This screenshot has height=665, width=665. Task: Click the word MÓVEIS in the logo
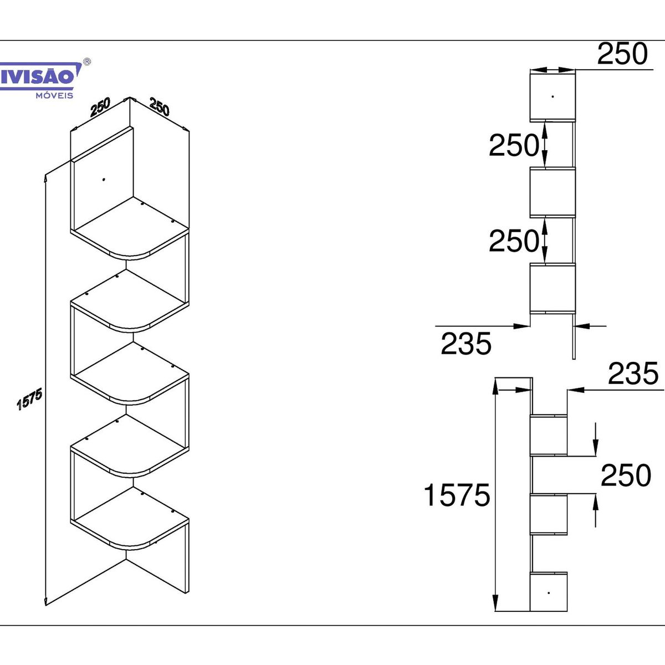tap(54, 95)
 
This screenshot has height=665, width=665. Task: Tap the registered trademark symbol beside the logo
tap(88, 62)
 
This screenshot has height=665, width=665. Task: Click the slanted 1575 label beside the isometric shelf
tap(30, 399)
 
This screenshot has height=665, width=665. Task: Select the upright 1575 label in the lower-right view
tap(457, 495)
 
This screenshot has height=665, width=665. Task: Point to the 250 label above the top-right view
tap(622, 54)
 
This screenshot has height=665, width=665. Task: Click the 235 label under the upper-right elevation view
tap(466, 344)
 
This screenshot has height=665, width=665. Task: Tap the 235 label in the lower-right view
tap(633, 374)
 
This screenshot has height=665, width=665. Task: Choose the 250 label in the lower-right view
tap(626, 475)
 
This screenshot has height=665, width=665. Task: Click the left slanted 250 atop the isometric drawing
tap(100, 107)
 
